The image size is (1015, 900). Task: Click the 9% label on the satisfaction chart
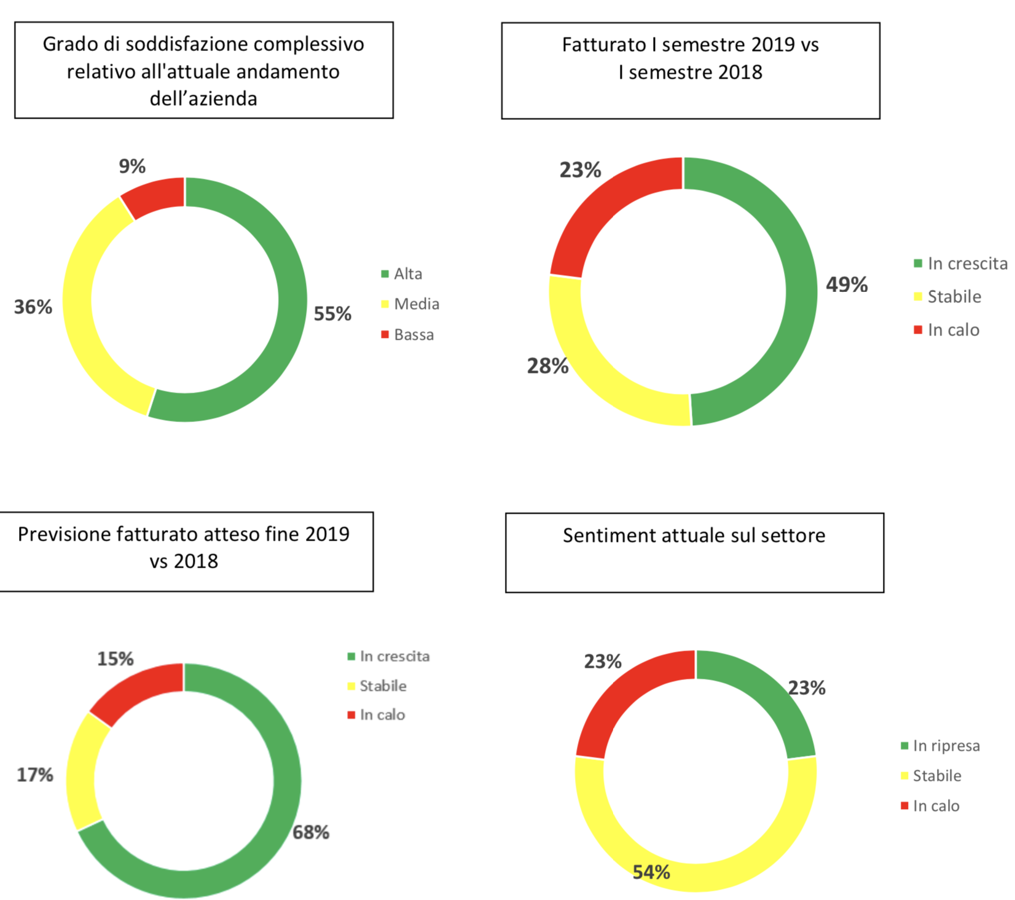pos(132,166)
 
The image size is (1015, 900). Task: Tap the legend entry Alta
pos(408,274)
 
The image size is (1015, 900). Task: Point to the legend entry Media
pos(416,304)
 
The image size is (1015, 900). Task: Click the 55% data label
pos(332,314)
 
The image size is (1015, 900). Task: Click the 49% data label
pos(847,284)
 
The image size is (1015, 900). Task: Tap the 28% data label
pos(547,366)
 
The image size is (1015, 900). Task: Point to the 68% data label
pos(311,832)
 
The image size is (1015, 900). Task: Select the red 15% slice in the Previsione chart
pos(136,691)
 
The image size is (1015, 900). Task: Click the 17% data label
pos(35,775)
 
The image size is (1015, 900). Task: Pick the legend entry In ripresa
pos(946,746)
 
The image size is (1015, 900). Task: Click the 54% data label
pos(651,872)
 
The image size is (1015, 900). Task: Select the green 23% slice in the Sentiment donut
pos(768,695)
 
